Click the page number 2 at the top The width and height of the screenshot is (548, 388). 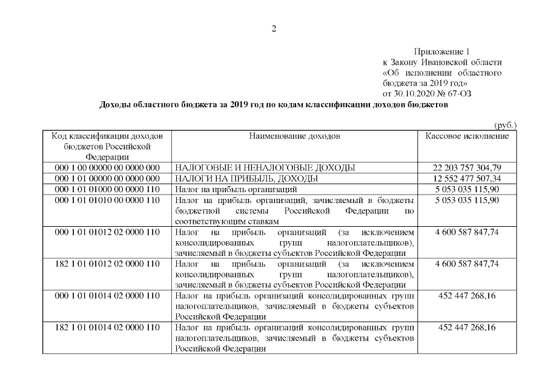coord(274,28)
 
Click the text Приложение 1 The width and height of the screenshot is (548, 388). coord(442,52)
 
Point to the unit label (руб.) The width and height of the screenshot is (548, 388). coord(506,125)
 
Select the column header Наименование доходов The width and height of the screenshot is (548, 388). coord(294,136)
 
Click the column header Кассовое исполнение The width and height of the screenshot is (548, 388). coord(467,136)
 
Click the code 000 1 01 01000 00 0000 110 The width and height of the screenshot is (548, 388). coord(107,189)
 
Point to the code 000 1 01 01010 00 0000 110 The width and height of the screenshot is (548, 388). coord(107,200)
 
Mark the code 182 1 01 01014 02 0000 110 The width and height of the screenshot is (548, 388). coord(107,327)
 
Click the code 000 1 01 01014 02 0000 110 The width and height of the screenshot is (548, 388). coord(107,296)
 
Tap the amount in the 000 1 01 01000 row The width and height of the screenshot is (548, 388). coord(467,189)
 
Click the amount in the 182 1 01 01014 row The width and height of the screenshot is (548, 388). coord(467,327)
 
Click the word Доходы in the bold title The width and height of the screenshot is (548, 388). coord(114,105)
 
